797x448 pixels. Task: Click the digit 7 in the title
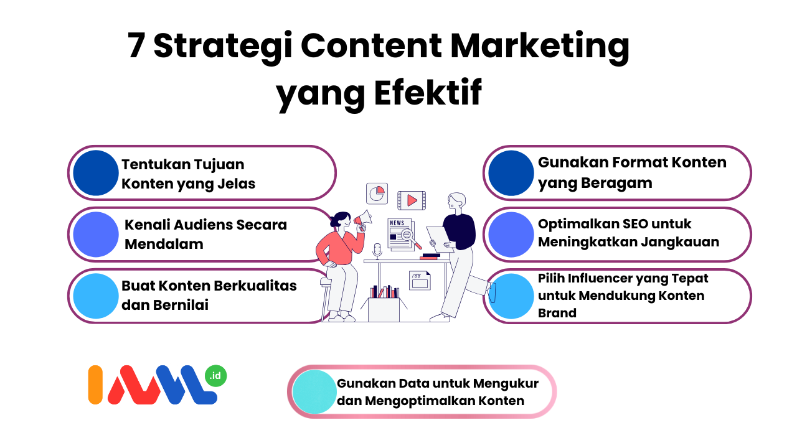point(136,45)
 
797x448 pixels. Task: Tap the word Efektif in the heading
point(428,93)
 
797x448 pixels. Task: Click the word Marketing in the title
point(540,48)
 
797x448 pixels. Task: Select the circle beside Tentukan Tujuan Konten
point(96,173)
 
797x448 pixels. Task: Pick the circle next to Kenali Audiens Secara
point(96,235)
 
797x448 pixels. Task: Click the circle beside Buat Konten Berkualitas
point(96,296)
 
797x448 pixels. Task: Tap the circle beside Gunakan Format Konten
point(511,173)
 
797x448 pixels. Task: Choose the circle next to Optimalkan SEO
point(511,235)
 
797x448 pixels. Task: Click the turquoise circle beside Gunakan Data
point(314,392)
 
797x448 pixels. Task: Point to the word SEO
point(630,224)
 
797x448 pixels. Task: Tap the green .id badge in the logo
point(215,376)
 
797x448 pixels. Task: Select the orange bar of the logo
point(95,385)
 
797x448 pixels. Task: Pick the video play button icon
point(412,200)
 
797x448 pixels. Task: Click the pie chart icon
point(377,194)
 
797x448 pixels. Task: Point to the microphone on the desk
point(377,250)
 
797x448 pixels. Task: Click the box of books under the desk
point(384,304)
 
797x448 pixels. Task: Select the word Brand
point(557,313)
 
